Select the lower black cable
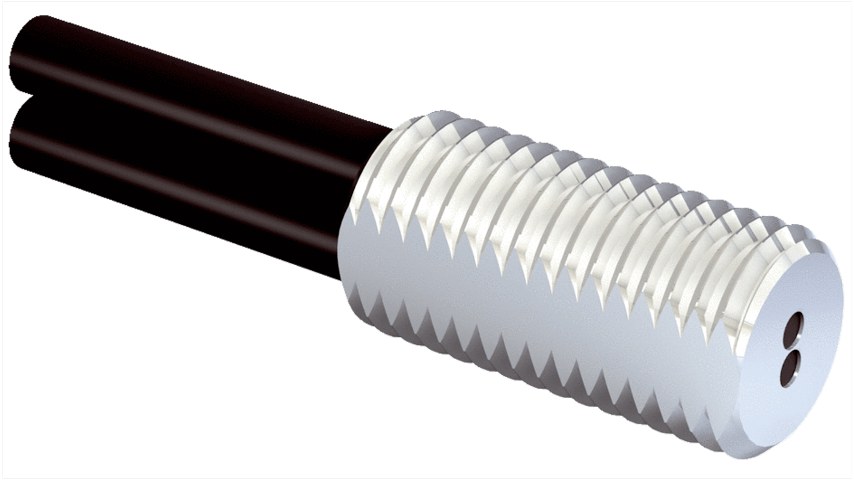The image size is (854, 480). tap(180, 180)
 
